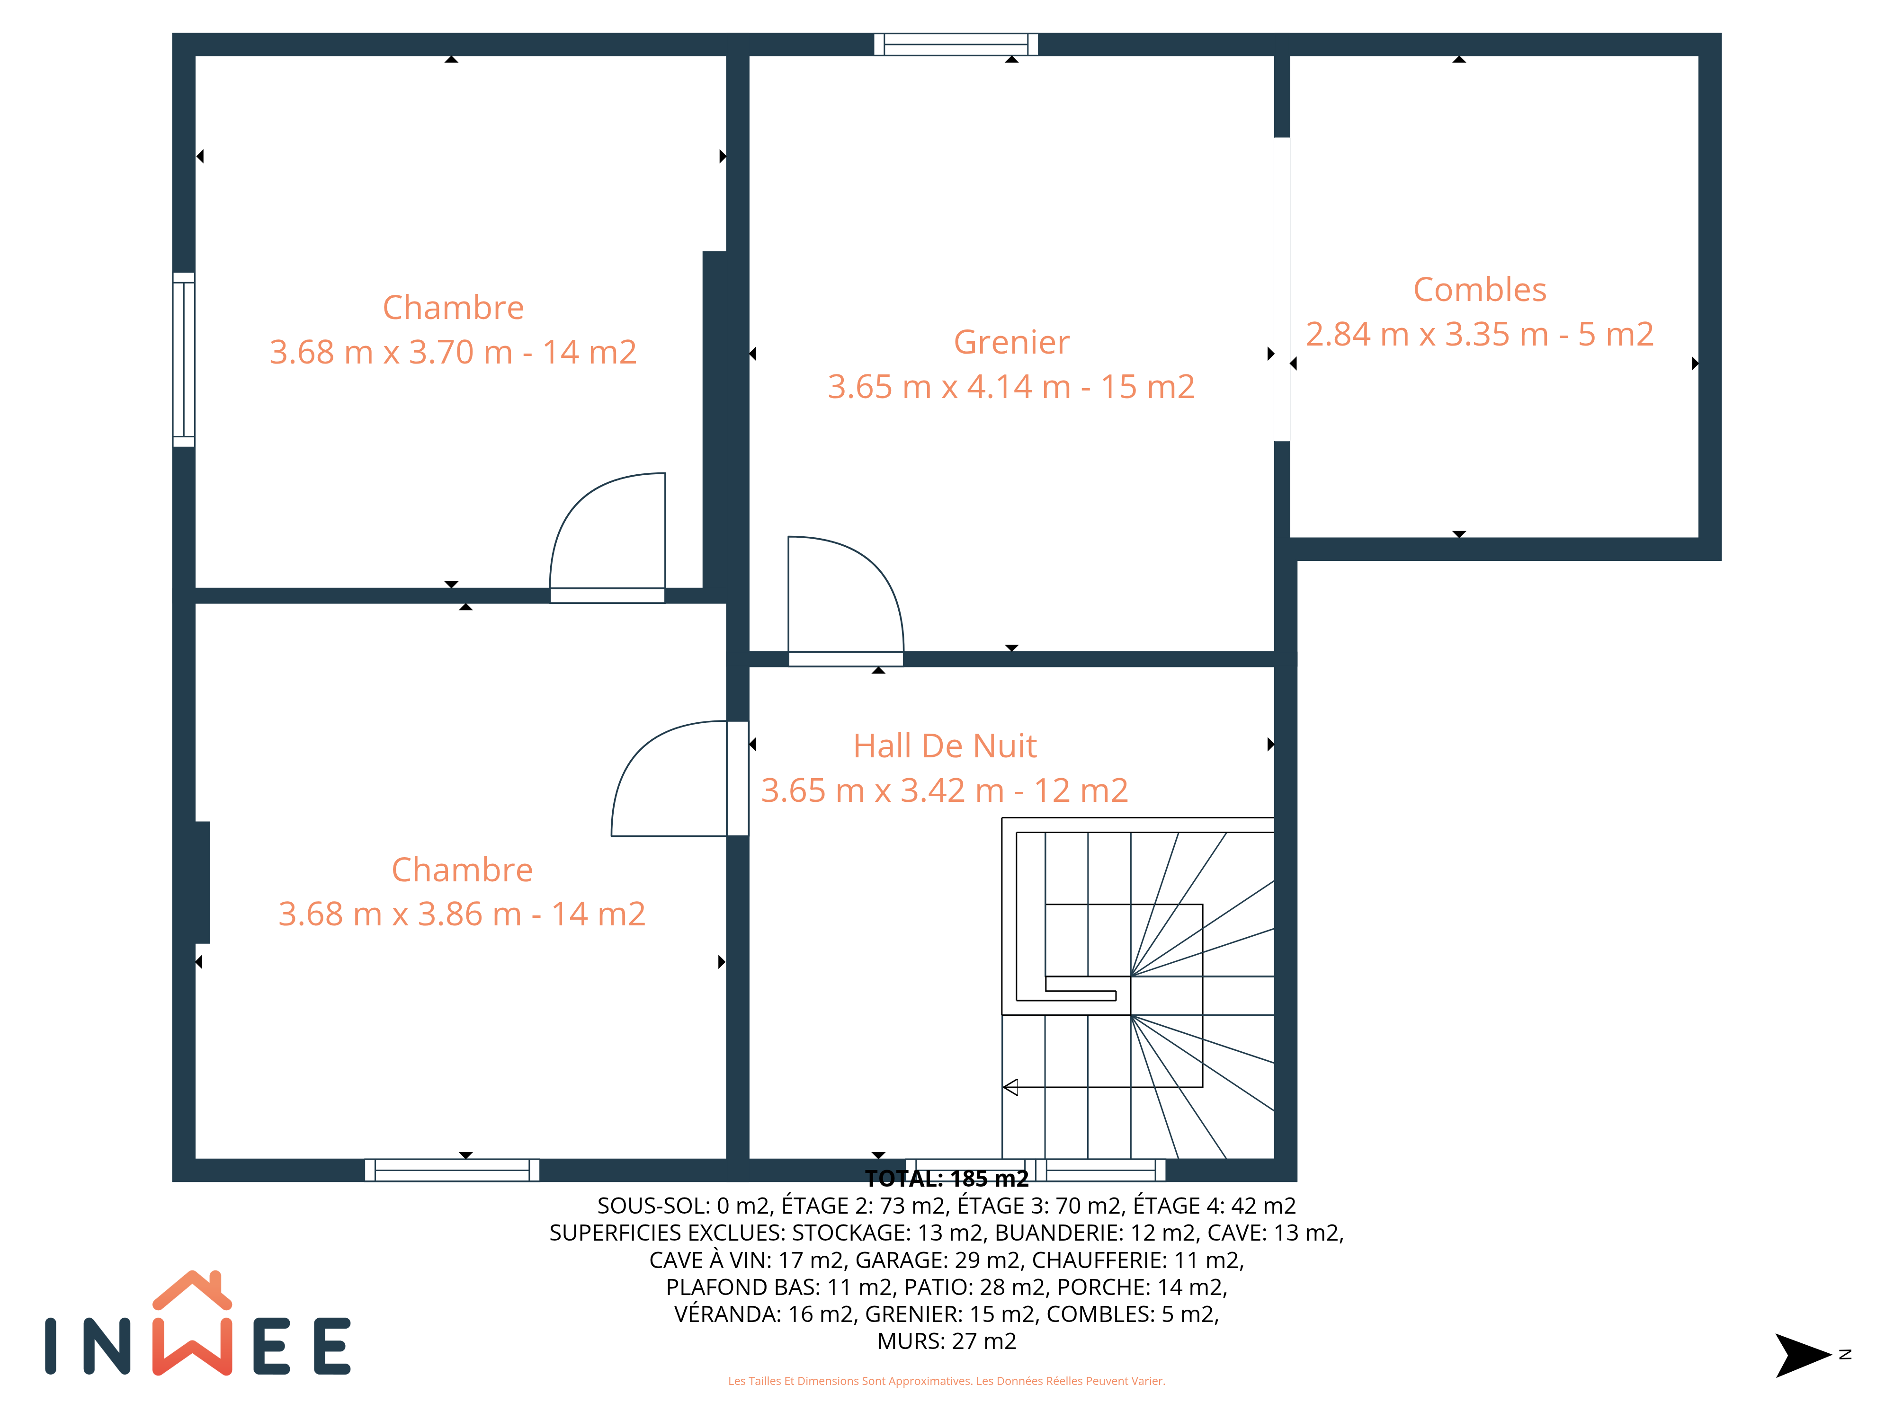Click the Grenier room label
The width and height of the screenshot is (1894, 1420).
pyautogui.click(x=1011, y=342)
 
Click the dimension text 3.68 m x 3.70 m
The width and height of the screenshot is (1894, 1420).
pyautogui.click(x=391, y=352)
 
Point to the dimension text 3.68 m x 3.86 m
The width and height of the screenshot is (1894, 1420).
pyautogui.click(x=400, y=914)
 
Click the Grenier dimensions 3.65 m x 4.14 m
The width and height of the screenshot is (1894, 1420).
pyautogui.click(x=949, y=387)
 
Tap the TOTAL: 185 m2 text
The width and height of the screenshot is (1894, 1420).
pyautogui.click(x=946, y=1179)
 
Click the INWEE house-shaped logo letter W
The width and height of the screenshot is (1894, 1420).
pyautogui.click(x=192, y=1323)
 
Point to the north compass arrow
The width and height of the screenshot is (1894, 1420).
pyautogui.click(x=1803, y=1355)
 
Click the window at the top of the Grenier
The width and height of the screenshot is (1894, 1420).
pyautogui.click(x=956, y=44)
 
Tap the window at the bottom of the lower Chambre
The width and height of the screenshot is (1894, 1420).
pyautogui.click(x=452, y=1170)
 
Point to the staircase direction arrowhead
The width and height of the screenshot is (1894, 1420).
pyautogui.click(x=1010, y=1087)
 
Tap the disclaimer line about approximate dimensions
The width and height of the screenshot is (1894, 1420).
pyautogui.click(x=946, y=1381)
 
